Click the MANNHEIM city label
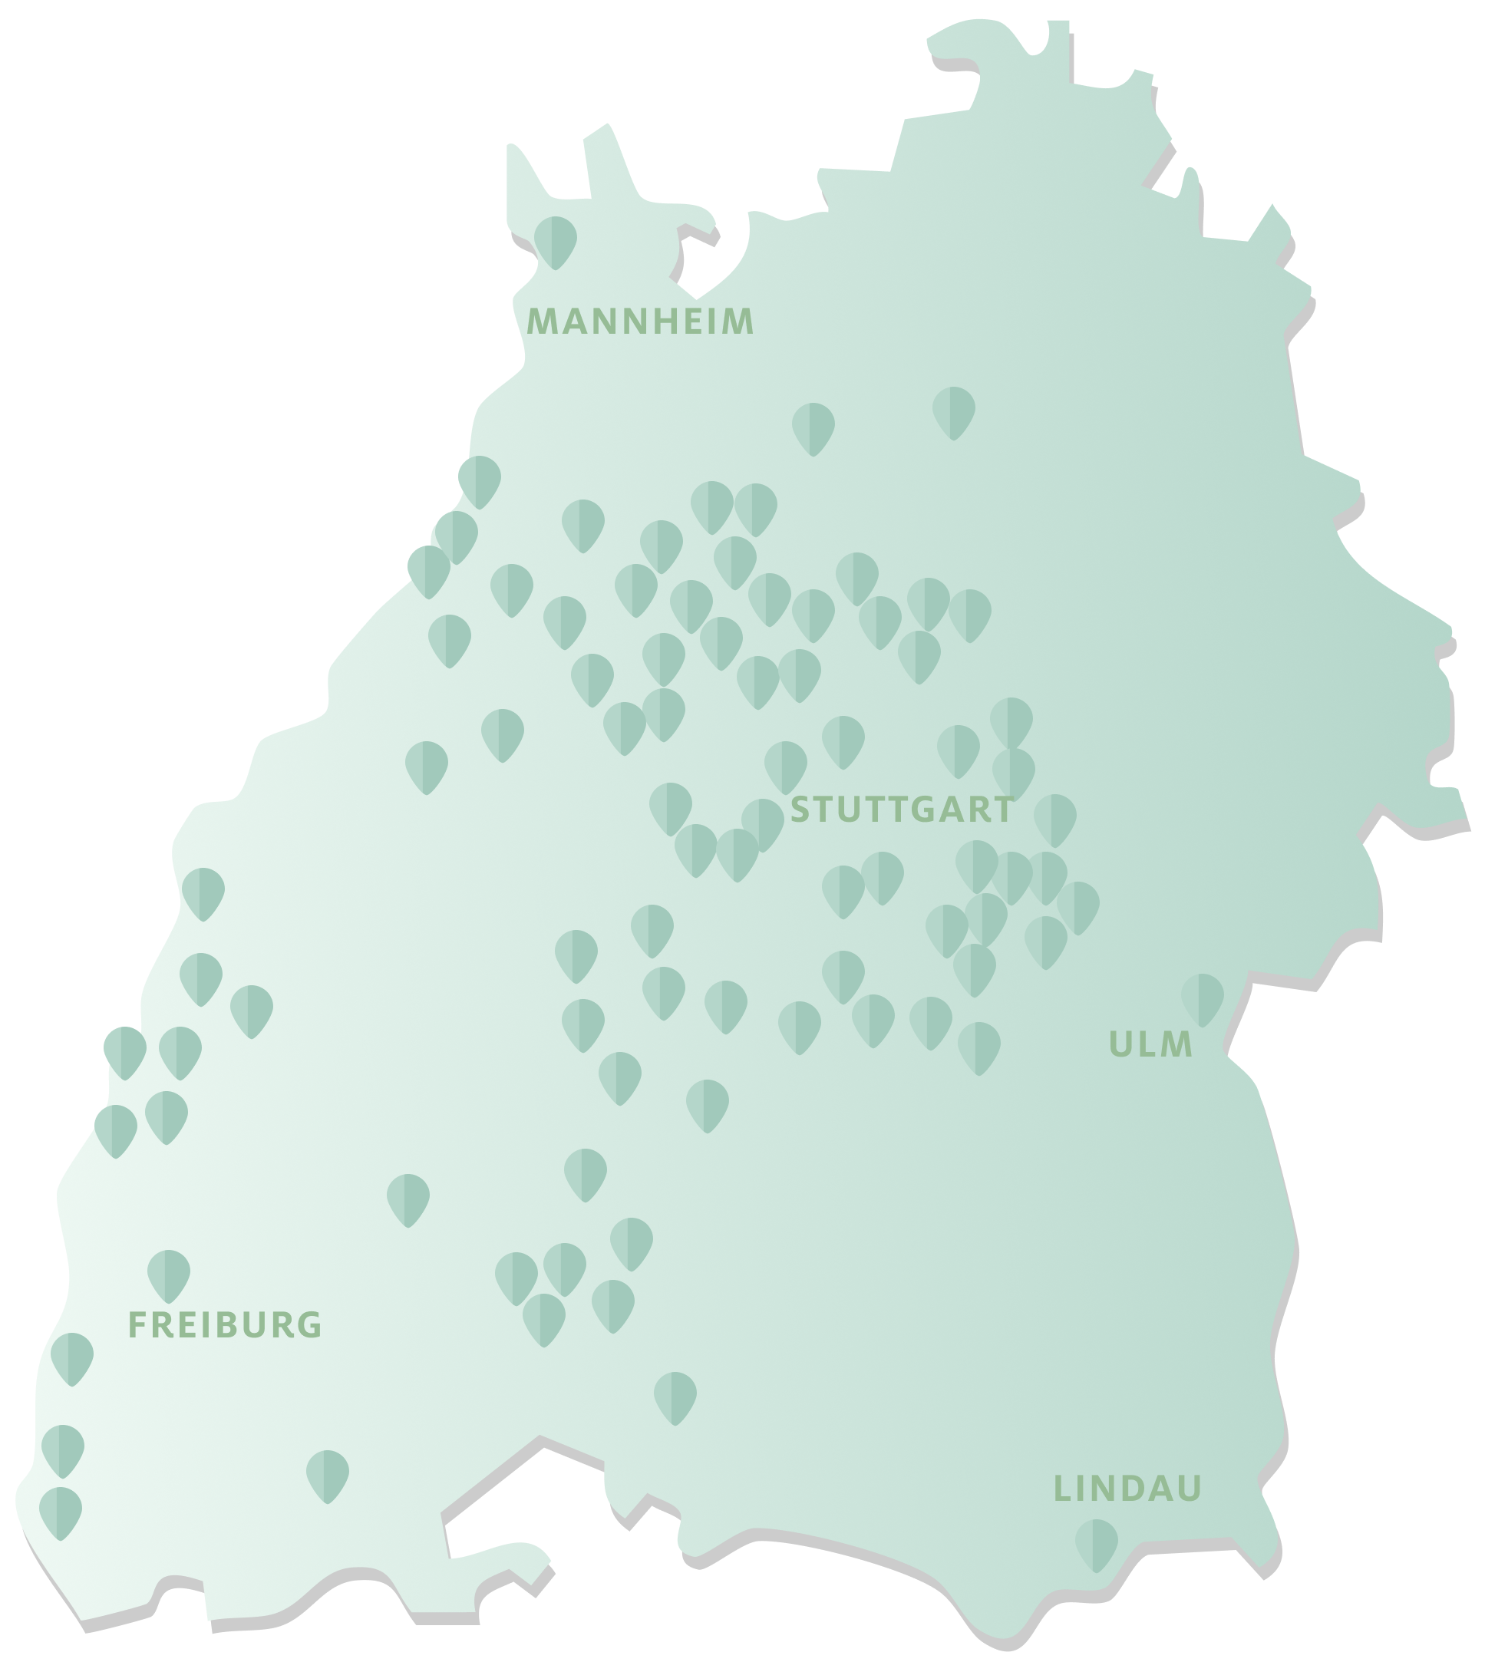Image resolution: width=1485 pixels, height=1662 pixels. pos(641,322)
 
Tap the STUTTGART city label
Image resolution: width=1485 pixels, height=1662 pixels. pos(903,810)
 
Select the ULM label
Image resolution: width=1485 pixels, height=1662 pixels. pos(1151,1045)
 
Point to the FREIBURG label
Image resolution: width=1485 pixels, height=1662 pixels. pos(225,1325)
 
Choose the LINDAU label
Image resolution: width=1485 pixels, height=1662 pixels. pos(1127,1489)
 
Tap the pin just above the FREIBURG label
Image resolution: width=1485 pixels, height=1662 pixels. pos(169,1274)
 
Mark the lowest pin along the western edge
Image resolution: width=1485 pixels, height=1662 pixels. pos(61,1511)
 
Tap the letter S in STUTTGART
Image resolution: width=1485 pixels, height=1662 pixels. pos(800,810)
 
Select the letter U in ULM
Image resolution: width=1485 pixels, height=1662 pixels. pos(1120,1045)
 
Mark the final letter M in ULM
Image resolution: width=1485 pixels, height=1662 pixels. pos(1179,1045)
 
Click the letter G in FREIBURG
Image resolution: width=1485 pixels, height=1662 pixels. pos(311,1325)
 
